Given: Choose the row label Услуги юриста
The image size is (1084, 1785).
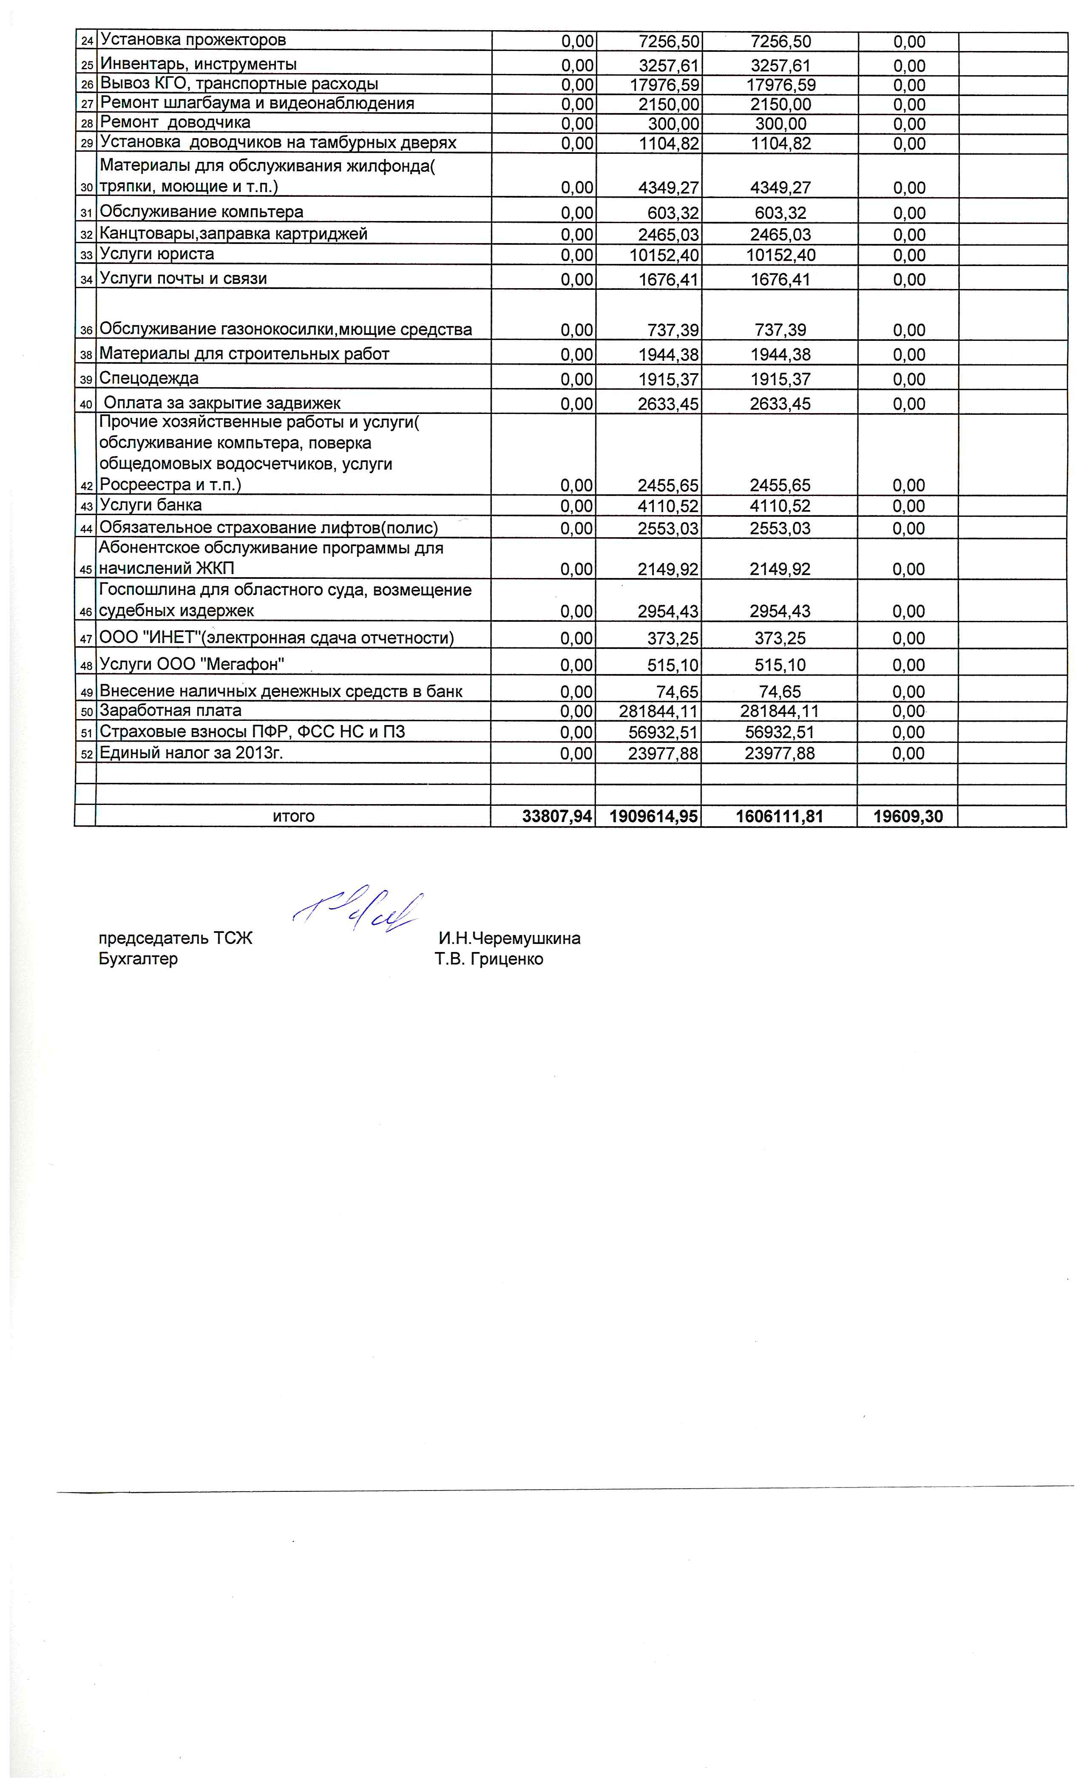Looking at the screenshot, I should pyautogui.click(x=156, y=254).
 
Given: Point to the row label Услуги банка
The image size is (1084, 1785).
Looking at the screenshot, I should pyautogui.click(x=150, y=505).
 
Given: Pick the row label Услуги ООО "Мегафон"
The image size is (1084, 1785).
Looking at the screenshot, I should pyautogui.click(x=191, y=663).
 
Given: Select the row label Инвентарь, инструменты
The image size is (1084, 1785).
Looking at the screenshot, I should pyautogui.click(x=198, y=64).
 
